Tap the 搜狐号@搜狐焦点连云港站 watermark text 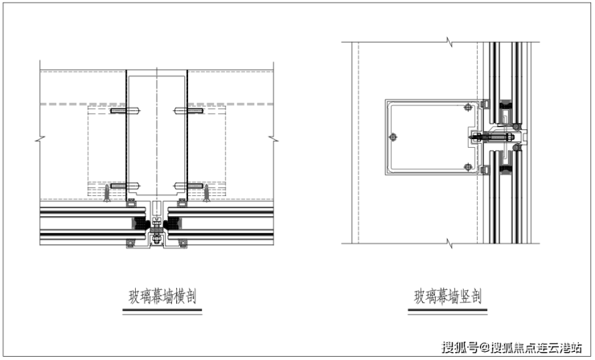pyautogui.click(x=527, y=347)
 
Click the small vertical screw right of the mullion pyautogui.click(x=208, y=194)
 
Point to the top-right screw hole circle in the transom pyautogui.click(x=468, y=107)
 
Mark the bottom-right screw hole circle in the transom pyautogui.click(x=468, y=167)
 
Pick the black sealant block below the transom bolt pyautogui.click(x=507, y=168)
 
